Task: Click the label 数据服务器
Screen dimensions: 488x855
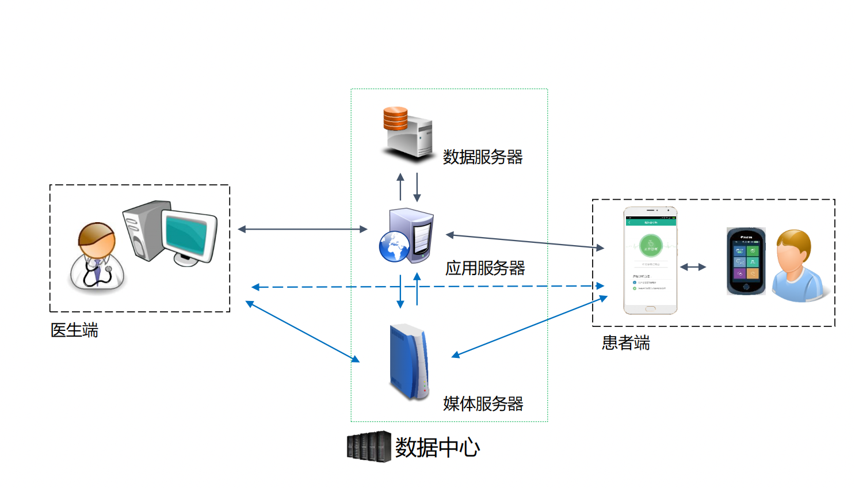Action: click(482, 157)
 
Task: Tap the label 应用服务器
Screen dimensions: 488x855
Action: click(484, 268)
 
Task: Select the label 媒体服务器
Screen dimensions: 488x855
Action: click(483, 404)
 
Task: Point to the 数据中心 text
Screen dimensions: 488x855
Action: click(437, 448)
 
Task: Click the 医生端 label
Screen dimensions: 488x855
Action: click(74, 330)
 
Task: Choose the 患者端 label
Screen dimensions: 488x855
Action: click(625, 343)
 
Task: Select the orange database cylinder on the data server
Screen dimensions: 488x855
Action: click(395, 119)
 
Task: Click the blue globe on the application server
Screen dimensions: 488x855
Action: click(394, 246)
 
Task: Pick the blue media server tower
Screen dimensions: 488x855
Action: click(409, 362)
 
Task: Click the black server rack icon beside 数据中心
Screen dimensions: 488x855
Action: click(369, 447)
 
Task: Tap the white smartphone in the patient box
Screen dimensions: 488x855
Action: click(650, 261)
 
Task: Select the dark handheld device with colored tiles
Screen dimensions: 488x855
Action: click(746, 261)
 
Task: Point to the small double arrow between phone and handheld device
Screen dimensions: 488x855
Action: click(693, 267)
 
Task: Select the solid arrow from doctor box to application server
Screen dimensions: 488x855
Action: click(302, 229)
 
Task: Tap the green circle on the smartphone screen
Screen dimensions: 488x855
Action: click(650, 246)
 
